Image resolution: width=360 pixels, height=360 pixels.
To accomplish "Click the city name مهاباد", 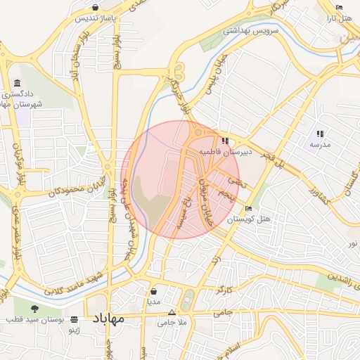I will [108, 319].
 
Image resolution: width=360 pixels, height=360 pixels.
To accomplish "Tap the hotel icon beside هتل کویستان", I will [248, 209].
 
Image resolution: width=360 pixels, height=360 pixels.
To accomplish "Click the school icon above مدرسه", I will [320, 133].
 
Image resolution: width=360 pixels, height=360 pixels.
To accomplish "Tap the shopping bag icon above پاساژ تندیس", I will [95, 7].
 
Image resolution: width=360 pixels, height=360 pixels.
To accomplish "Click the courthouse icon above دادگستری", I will [17, 82].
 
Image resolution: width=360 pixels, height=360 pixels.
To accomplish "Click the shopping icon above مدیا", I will [154, 290].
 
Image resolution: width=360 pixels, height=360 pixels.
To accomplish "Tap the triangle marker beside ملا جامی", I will [171, 312].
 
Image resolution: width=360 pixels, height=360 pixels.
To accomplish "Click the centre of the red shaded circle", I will [180, 180].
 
